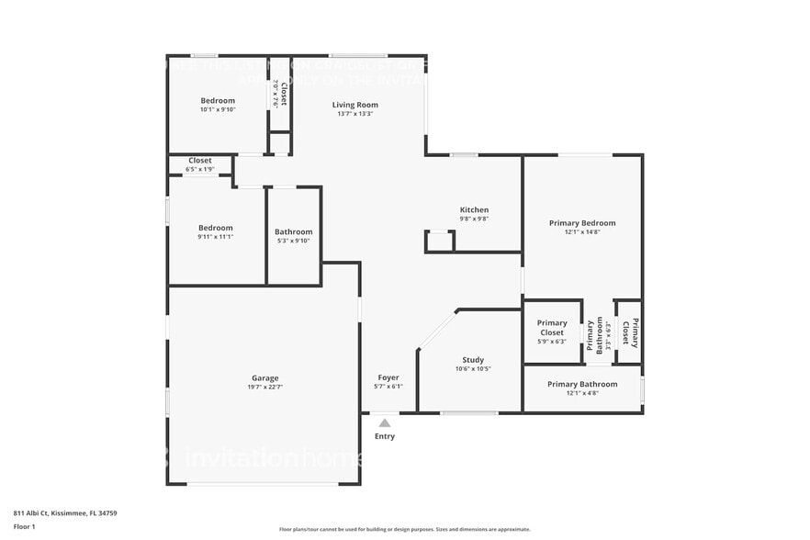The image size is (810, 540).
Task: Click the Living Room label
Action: point(354,105)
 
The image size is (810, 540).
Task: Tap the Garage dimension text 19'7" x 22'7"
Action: point(265,388)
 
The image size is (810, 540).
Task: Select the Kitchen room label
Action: point(474,210)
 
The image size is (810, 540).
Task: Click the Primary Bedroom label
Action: point(582,223)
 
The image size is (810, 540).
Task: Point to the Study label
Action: point(473,360)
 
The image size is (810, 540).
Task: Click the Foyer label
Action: point(388,377)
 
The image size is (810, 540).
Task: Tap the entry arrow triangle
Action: point(385,422)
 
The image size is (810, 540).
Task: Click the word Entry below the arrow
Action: point(385,436)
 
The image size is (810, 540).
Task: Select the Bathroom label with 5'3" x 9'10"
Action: point(294,231)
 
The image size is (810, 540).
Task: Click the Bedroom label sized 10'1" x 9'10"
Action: point(218,100)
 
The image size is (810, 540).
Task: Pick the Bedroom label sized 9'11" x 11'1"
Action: point(216,228)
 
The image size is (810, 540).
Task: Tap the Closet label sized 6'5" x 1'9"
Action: point(200,161)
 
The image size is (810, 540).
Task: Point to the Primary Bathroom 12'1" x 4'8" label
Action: point(582,384)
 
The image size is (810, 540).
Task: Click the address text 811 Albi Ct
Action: point(65,513)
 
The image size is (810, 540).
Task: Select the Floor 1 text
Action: point(24,527)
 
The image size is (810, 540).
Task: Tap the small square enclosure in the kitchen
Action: point(439,241)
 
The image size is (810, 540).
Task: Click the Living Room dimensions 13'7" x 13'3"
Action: point(354,114)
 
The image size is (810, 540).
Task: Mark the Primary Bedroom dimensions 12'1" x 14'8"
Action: point(582,232)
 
